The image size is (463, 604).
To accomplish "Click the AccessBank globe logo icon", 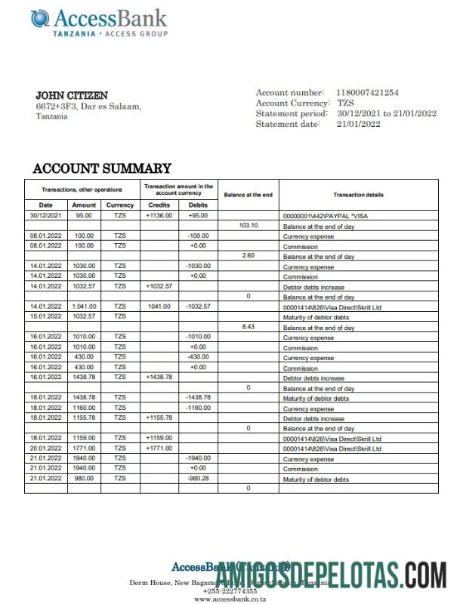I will [x=40, y=18].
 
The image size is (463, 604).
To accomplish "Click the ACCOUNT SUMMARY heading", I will [x=102, y=168].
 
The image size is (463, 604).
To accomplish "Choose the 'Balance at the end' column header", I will [x=248, y=195].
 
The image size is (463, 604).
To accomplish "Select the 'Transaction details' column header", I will [x=358, y=195].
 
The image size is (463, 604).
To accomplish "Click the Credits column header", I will [x=159, y=205].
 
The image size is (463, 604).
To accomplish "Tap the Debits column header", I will [x=198, y=205].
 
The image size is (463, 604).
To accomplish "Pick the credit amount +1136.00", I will [x=159, y=215].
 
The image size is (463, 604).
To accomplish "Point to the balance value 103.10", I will [x=248, y=226].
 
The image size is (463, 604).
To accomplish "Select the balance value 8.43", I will [x=248, y=327].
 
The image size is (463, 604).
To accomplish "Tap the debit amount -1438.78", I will [x=198, y=397].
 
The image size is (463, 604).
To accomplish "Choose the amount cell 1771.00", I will [x=84, y=448].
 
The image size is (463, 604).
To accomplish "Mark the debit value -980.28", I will [x=198, y=479].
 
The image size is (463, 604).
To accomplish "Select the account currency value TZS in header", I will [x=345, y=103].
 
